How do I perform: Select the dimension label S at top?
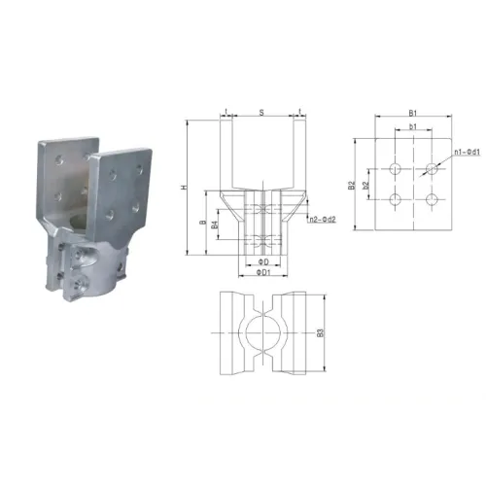pos(262,113)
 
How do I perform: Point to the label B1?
pos(413,114)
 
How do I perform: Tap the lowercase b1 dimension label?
pos(413,127)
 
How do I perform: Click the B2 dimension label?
pos(352,184)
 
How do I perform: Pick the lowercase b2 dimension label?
pos(366,184)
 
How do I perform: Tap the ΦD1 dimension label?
pos(261,273)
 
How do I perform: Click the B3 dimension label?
pos(322,332)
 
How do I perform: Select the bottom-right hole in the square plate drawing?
pos(432,200)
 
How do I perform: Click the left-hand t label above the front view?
pos(226,113)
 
